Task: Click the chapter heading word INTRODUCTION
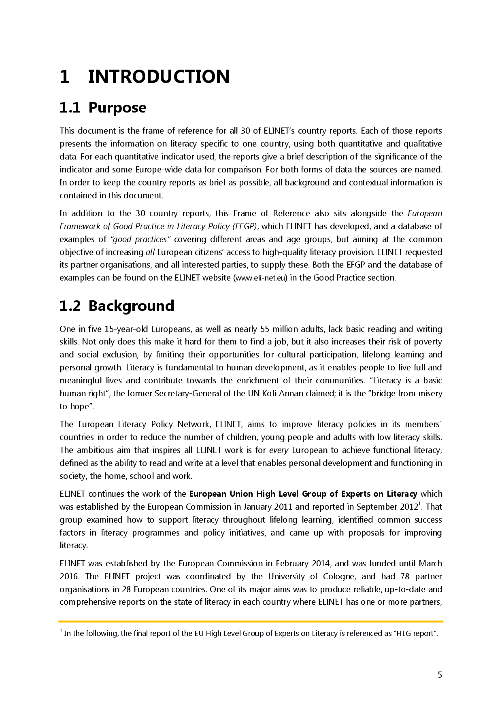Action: tap(158, 77)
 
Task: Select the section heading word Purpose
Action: tap(117, 108)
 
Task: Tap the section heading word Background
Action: tap(131, 306)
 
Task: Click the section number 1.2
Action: tap(70, 306)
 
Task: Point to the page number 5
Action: tap(440, 675)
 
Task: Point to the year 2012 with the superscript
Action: tap(407, 507)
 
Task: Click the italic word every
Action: tap(279, 450)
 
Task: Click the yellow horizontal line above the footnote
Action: tap(251, 621)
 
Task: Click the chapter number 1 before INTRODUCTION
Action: tap(64, 77)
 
